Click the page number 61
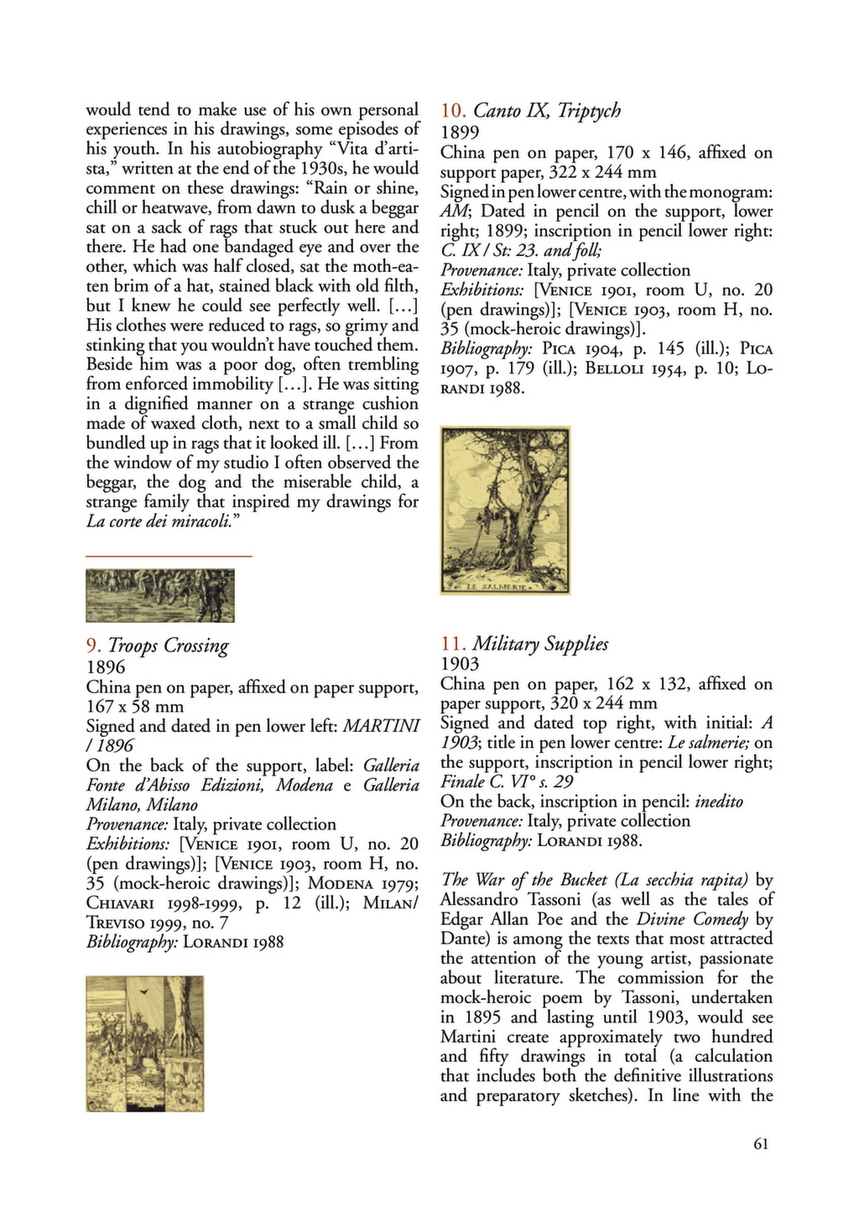click(x=761, y=1143)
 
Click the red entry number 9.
click(x=94, y=646)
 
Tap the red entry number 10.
click(x=452, y=111)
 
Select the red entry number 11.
click(x=452, y=644)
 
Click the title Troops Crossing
click(x=169, y=646)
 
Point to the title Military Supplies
click(x=541, y=644)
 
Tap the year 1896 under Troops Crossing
click(x=106, y=667)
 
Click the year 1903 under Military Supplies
click(x=460, y=664)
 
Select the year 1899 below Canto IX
click(x=460, y=132)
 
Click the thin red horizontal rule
click(x=169, y=556)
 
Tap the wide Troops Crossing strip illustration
click(x=160, y=595)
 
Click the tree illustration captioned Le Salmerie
click(x=505, y=510)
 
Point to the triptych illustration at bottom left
click(x=144, y=1043)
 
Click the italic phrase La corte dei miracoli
click(x=161, y=521)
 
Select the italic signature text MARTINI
click(x=382, y=726)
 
